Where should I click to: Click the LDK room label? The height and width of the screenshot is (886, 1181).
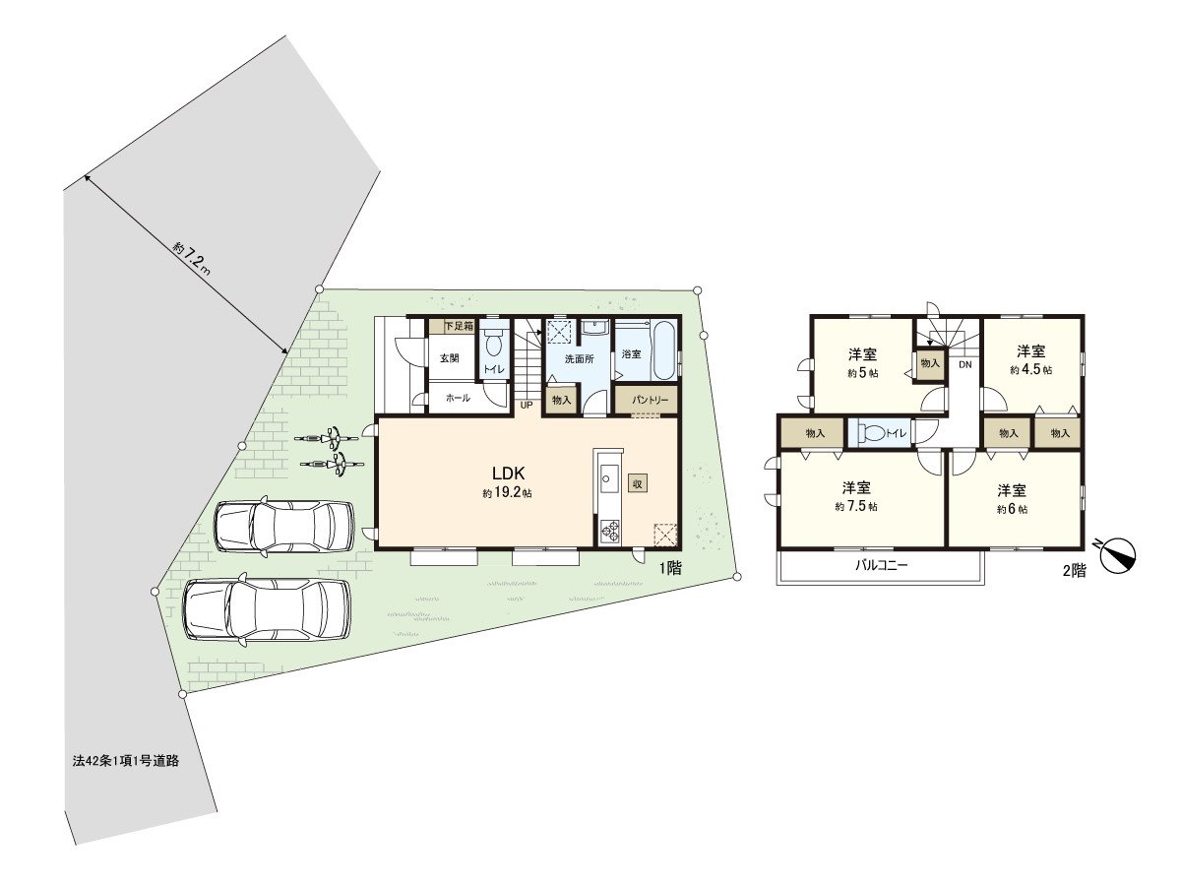coord(508,474)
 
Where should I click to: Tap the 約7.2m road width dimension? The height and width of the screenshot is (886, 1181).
coord(191,258)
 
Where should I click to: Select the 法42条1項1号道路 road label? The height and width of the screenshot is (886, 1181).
coord(126,761)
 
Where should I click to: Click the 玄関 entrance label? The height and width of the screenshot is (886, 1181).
coord(449,358)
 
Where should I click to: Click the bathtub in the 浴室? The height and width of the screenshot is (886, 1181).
coord(663,350)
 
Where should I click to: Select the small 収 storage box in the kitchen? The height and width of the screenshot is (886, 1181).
coord(638,483)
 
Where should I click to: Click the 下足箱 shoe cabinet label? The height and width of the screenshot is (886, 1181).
coord(459,326)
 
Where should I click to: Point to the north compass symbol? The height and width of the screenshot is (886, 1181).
coord(1117,555)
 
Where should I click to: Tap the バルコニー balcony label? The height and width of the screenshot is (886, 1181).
coord(881,565)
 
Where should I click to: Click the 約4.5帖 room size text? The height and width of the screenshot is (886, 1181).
coord(1030,370)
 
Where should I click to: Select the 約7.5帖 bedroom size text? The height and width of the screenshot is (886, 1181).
coord(856,506)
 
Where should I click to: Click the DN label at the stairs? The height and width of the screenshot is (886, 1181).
coord(964,364)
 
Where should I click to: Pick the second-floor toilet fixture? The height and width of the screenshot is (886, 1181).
coord(871,433)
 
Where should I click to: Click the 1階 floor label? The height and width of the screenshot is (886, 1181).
coord(670,569)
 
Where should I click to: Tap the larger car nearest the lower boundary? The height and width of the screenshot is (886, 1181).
coord(267,610)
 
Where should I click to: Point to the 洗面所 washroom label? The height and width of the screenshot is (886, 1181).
coord(579,359)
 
